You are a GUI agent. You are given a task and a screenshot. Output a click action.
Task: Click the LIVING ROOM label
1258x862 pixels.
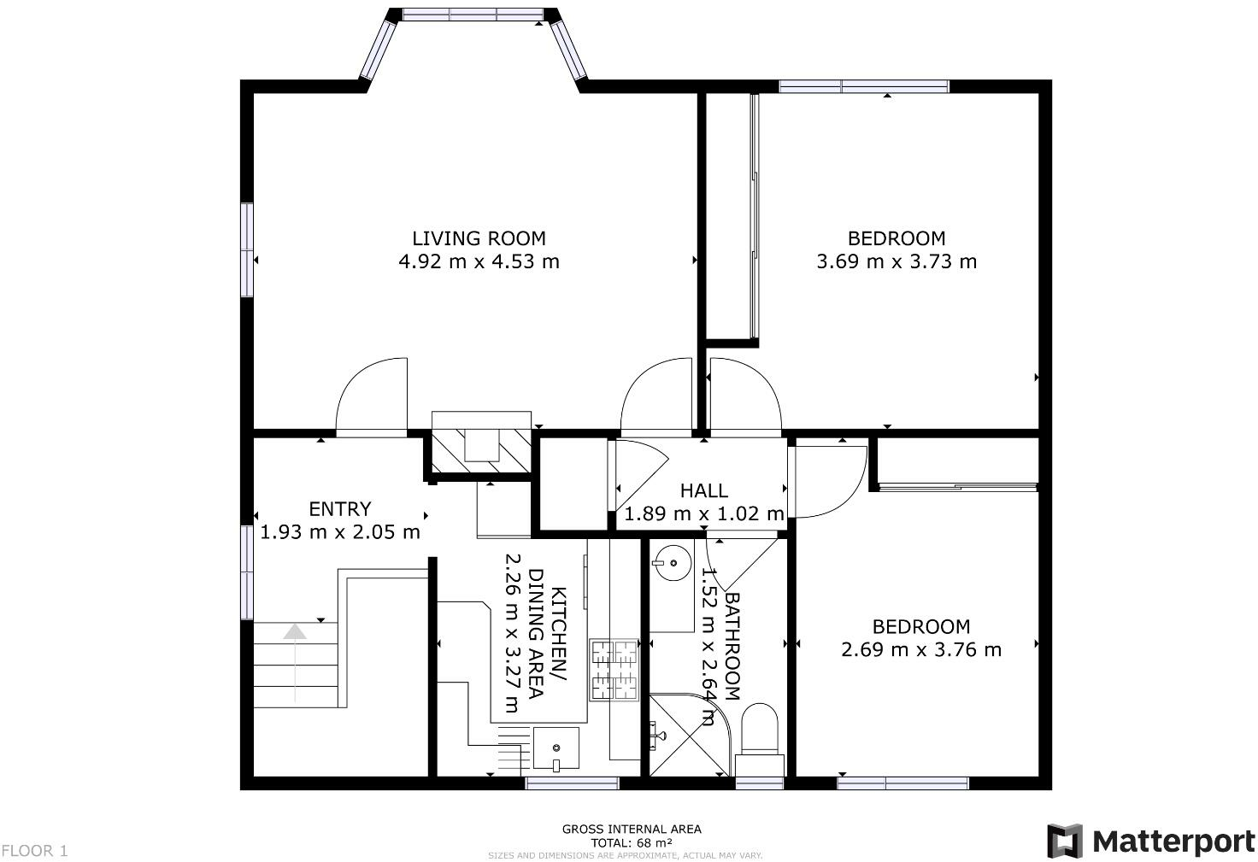click(479, 238)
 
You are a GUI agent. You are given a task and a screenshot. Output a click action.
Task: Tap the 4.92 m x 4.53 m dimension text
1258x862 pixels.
click(479, 261)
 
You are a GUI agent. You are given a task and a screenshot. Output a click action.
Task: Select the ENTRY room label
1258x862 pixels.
click(340, 509)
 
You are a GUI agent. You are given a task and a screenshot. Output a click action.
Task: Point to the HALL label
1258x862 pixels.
click(704, 490)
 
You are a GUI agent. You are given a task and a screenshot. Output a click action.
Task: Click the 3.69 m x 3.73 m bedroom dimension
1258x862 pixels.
click(896, 261)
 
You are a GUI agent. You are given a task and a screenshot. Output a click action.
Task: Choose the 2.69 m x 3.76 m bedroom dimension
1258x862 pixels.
click(921, 649)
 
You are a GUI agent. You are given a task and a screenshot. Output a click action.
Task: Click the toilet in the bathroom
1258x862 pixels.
click(760, 731)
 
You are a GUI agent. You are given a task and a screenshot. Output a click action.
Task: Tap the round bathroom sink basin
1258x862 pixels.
click(672, 564)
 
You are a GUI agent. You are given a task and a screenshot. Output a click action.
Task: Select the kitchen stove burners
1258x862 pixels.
click(614, 670)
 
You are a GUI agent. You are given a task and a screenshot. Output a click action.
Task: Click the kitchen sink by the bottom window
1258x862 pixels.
click(556, 748)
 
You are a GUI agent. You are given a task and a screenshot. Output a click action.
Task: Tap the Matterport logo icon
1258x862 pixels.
click(1065, 841)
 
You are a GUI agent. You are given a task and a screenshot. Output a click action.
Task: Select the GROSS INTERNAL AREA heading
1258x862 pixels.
click(632, 829)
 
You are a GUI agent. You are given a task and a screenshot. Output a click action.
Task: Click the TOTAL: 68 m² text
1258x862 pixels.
click(632, 842)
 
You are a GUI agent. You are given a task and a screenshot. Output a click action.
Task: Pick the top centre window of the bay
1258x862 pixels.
click(473, 15)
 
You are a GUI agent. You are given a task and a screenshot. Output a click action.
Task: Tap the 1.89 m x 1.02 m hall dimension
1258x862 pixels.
click(704, 514)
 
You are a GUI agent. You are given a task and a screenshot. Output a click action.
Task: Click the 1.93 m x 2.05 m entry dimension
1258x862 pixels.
click(340, 532)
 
